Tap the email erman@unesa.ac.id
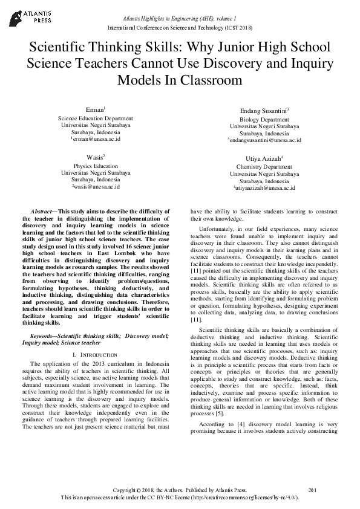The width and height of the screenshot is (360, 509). click(x=96, y=138)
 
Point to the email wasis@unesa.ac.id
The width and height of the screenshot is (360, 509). click(x=96, y=187)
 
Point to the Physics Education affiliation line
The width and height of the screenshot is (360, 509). click(x=96, y=165)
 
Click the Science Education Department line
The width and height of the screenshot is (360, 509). click(x=96, y=118)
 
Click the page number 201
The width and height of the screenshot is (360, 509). click(x=313, y=490)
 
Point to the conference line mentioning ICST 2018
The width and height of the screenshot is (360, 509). click(x=180, y=28)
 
